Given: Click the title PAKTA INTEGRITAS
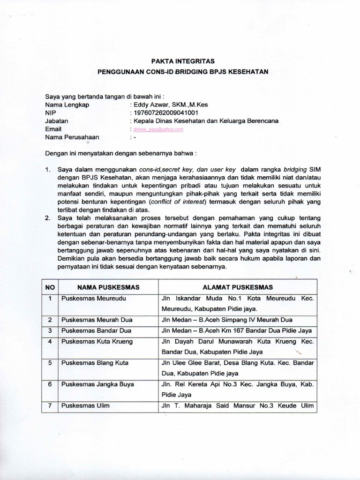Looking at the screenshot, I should point(183,61).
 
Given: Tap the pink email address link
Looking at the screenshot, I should point(158,129).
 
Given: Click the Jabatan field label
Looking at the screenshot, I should point(56,121).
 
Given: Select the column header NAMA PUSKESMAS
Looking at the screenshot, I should point(108,287).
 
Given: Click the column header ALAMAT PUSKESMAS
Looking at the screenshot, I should point(238,287).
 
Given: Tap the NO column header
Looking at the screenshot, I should point(50,287).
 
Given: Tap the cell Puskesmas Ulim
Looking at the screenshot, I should point(85,406).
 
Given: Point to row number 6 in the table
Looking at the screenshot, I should point(50,384).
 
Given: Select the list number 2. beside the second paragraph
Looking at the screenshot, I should point(48,218).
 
